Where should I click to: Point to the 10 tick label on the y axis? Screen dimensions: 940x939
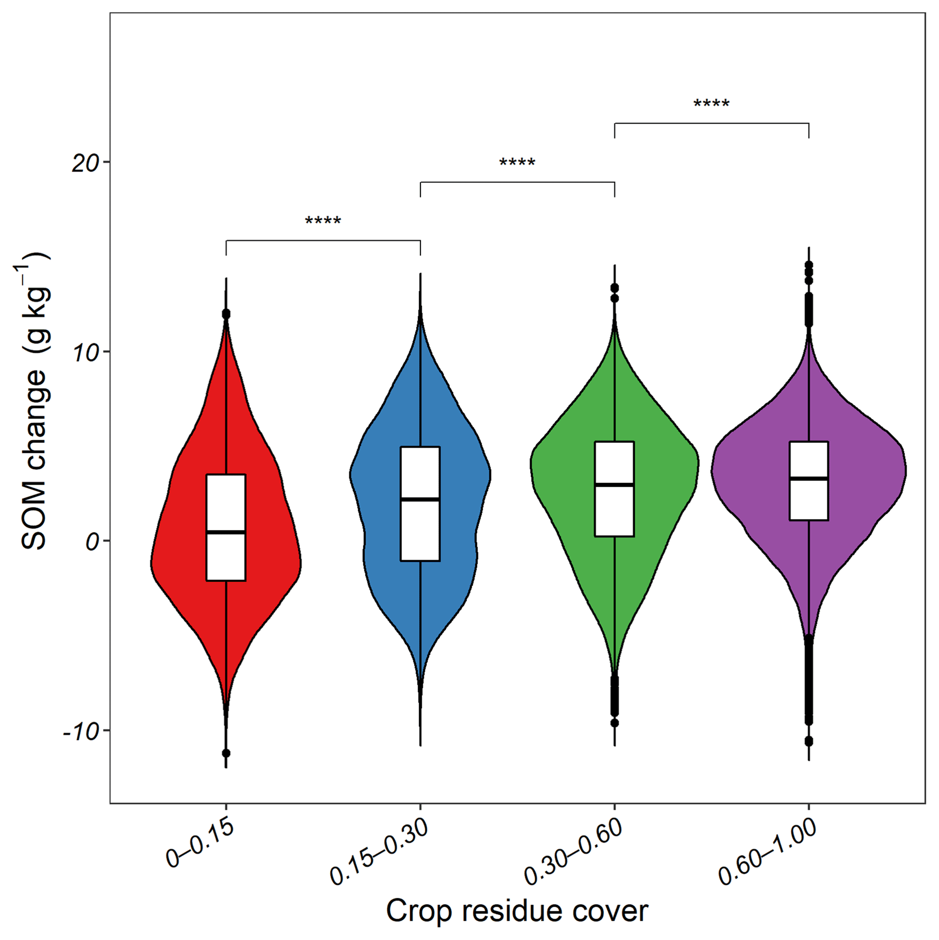click(85, 354)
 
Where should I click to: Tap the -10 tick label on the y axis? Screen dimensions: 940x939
click(80, 732)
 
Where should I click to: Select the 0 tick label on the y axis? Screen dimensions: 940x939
click(92, 542)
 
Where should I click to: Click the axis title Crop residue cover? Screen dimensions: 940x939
click(517, 911)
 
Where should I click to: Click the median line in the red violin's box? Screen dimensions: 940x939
click(226, 532)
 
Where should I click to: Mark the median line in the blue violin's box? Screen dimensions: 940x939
click(420, 500)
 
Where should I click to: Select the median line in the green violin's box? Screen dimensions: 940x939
click(614, 485)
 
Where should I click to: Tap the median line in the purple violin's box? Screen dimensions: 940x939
click(808, 478)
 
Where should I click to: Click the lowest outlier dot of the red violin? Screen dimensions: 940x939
click(226, 753)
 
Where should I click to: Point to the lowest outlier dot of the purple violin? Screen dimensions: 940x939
click(808, 741)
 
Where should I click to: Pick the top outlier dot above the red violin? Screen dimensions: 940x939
click(226, 314)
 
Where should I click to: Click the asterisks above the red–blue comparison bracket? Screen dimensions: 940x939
click(323, 222)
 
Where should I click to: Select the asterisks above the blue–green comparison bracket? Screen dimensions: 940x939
click(517, 163)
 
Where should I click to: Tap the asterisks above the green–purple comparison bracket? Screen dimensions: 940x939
click(711, 104)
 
